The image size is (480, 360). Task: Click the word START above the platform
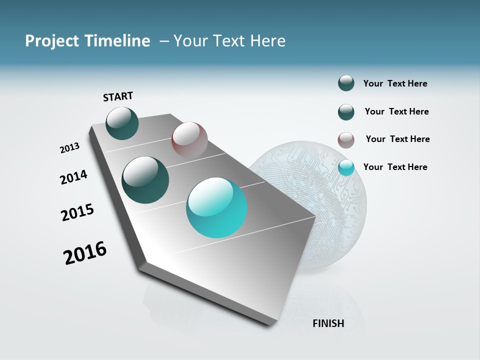(x=118, y=96)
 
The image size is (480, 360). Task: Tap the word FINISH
(x=328, y=323)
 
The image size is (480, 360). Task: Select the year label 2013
(x=69, y=148)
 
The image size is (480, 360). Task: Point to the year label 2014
(x=73, y=177)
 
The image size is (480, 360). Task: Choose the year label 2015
(x=77, y=212)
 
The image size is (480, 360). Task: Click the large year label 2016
(x=85, y=253)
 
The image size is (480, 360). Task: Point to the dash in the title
(x=164, y=41)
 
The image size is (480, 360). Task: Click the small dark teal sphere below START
(x=122, y=123)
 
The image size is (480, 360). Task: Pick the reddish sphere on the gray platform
(x=189, y=139)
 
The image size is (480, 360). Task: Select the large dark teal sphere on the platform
(x=145, y=180)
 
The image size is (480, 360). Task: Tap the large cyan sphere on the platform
(x=216, y=207)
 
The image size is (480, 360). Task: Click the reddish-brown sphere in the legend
(x=346, y=140)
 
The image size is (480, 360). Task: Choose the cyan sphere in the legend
(x=346, y=167)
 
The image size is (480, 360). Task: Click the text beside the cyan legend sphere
(x=395, y=167)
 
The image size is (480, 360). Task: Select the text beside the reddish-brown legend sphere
(x=397, y=139)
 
